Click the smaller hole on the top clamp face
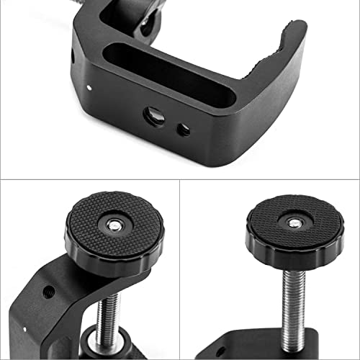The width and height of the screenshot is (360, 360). point(184,130)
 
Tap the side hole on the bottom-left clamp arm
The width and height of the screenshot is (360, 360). point(50,292)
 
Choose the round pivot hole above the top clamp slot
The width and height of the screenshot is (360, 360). point(148,24)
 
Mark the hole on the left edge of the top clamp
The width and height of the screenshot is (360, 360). point(73,56)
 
